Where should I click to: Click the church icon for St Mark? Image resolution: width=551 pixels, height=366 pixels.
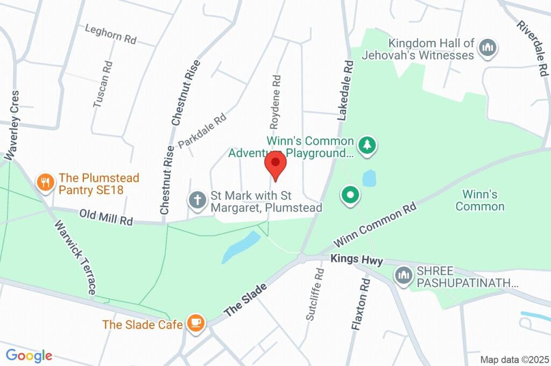point(197,200)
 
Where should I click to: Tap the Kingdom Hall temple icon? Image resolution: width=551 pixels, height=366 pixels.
point(488,48)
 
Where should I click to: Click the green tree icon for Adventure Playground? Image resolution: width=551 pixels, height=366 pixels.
point(368,145)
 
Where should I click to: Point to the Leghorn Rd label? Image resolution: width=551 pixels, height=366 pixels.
point(111,34)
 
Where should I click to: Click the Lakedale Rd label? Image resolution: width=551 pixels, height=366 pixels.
point(345,89)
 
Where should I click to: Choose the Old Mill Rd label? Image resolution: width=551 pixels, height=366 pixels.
point(106,217)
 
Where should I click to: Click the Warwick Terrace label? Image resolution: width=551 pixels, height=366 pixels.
point(75,257)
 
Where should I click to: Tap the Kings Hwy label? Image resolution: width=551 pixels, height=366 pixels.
point(357,260)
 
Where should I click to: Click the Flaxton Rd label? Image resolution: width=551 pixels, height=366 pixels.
point(361,304)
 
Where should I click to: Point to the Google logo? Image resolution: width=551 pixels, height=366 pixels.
point(29,356)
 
